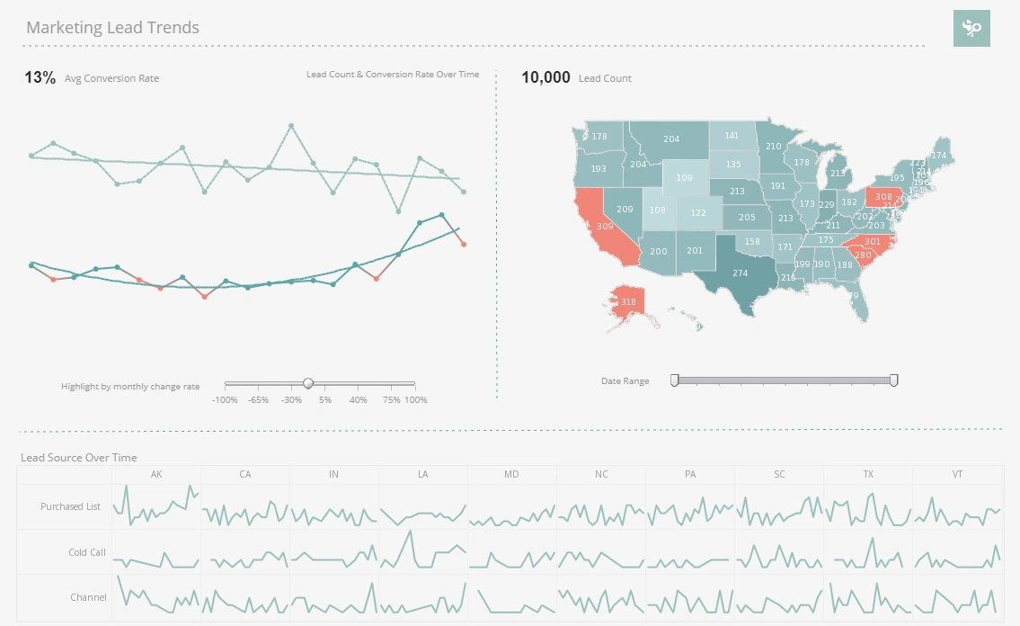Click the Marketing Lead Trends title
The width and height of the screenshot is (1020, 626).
click(112, 28)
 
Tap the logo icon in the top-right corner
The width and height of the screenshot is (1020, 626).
click(971, 29)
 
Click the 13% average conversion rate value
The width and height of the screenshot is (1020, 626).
click(40, 78)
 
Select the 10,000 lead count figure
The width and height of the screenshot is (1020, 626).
click(545, 78)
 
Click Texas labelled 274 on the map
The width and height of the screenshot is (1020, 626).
click(739, 272)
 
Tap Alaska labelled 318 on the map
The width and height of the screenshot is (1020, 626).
click(628, 302)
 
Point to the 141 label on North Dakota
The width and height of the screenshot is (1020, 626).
click(732, 136)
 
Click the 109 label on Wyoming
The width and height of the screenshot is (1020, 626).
click(684, 178)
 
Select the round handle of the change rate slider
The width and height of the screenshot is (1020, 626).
click(308, 383)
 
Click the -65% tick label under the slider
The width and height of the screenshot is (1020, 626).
click(258, 399)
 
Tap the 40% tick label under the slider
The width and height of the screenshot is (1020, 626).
click(358, 399)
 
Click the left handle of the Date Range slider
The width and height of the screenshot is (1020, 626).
click(675, 380)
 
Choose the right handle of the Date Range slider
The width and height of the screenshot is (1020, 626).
click(894, 380)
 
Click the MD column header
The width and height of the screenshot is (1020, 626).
click(511, 474)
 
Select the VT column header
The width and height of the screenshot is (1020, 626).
click(957, 474)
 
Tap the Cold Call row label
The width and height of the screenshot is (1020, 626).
click(87, 552)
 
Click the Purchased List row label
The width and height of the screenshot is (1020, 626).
click(70, 506)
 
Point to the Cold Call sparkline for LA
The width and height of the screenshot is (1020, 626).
click(422, 551)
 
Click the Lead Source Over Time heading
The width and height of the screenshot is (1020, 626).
click(79, 458)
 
